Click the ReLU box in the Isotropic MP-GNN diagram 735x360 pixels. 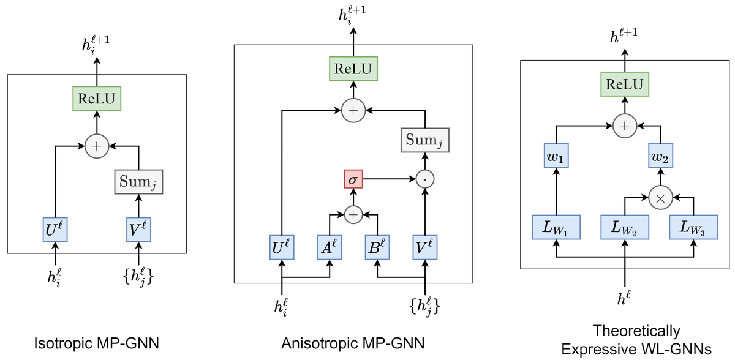97,99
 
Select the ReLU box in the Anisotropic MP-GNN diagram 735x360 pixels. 353,69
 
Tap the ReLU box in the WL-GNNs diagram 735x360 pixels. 625,84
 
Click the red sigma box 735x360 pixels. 353,179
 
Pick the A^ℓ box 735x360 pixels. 330,247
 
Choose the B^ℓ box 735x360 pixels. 377,247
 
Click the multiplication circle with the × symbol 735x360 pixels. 660,197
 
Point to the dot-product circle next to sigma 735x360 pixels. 425,179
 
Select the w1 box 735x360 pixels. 556,156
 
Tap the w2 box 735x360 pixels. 660,156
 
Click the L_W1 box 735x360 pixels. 556,227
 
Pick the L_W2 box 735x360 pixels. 625,227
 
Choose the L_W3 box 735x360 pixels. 693,227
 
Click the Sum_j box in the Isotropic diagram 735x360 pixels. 138,182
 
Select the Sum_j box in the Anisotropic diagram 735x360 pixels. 425,140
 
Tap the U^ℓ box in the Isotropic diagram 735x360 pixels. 55,229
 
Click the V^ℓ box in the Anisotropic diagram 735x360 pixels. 425,247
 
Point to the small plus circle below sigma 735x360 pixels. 353,215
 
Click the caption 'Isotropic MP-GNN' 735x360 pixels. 97,343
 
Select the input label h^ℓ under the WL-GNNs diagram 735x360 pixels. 624,298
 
